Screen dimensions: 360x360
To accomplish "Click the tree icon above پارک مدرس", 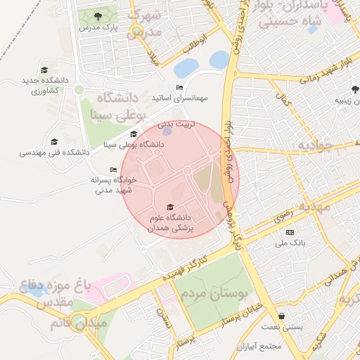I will click(x=97, y=15).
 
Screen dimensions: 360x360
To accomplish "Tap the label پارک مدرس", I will click(x=96, y=27).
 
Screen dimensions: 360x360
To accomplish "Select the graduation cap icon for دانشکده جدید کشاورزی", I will click(x=44, y=70).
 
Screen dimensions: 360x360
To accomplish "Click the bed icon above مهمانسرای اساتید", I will click(x=179, y=88).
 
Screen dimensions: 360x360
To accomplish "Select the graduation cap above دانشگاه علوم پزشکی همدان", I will click(x=170, y=207).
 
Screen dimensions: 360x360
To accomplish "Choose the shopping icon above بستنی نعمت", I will click(x=282, y=316).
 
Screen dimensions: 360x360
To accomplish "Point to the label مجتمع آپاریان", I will click(x=259, y=347).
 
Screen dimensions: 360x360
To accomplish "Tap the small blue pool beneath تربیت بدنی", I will click(x=167, y=130).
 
